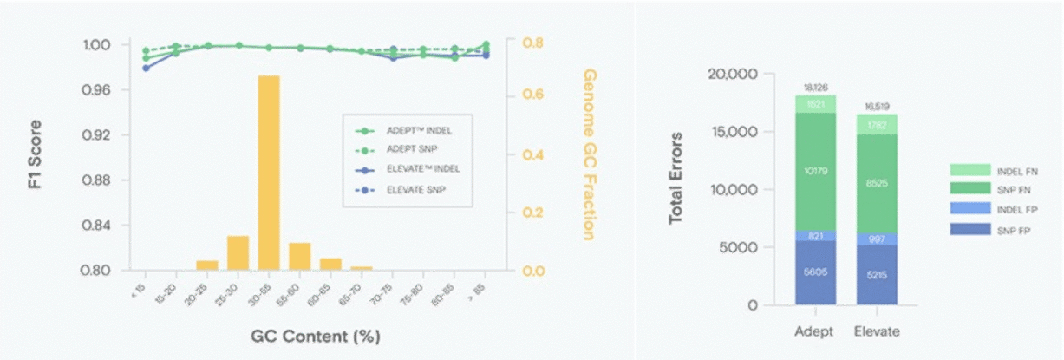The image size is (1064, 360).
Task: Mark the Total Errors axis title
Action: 676,179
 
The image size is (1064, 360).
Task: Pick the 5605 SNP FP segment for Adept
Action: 816,272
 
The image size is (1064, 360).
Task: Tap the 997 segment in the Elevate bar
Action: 878,239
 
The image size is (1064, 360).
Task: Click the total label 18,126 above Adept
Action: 816,88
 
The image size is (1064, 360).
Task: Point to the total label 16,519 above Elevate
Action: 878,106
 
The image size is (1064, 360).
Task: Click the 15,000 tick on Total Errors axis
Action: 733,132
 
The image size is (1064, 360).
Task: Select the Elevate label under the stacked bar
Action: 878,331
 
